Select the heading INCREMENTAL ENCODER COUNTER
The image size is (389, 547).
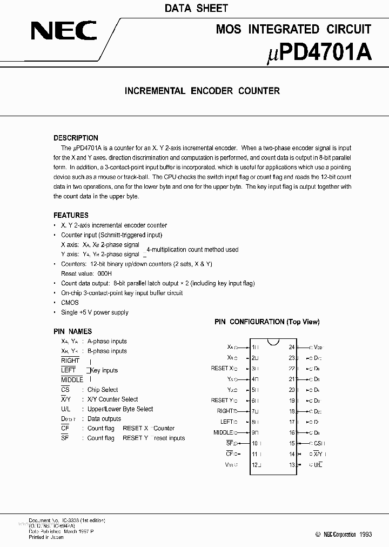click(x=202, y=91)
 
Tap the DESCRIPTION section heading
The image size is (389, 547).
click(x=76, y=138)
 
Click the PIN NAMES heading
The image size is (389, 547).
click(x=72, y=331)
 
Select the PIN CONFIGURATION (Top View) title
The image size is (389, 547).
click(x=267, y=322)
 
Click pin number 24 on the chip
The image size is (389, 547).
click(x=292, y=348)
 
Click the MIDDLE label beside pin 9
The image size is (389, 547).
click(x=223, y=432)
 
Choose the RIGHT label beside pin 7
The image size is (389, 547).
click(x=224, y=411)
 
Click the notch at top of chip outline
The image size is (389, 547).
click(x=273, y=341)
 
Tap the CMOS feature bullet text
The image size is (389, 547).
click(x=70, y=303)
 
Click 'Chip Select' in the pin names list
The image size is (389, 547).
click(x=103, y=390)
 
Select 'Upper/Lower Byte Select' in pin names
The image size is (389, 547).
click(x=120, y=409)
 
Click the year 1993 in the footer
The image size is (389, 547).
click(x=365, y=534)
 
